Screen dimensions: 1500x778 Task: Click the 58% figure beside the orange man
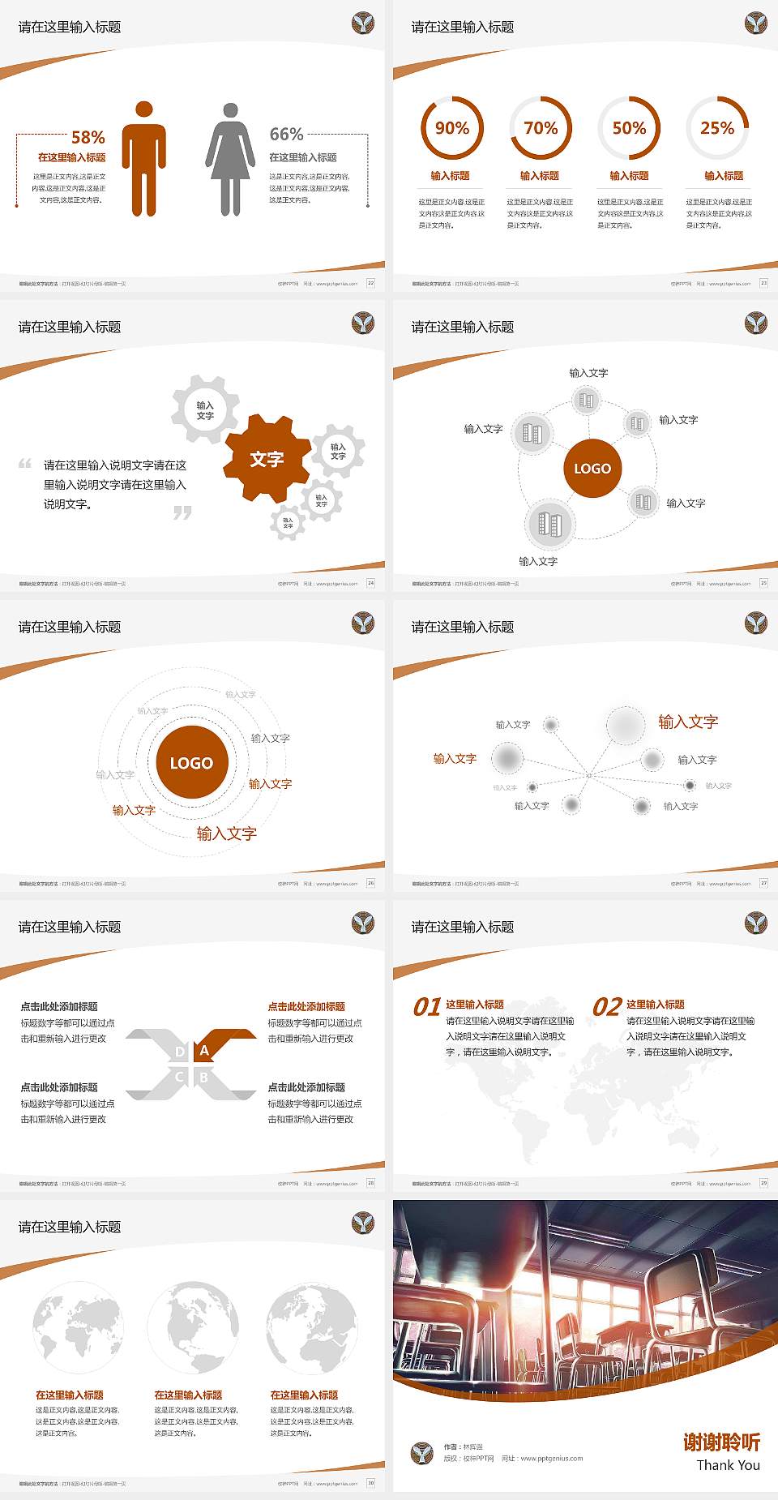click(x=88, y=137)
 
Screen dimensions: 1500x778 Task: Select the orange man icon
click(x=144, y=159)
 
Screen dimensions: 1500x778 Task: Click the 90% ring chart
click(x=451, y=128)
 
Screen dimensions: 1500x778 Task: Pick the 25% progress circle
click(x=717, y=128)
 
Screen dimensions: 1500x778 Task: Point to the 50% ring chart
click(x=629, y=128)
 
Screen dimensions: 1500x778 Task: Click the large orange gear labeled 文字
click(x=267, y=459)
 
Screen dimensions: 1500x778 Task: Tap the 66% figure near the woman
click(x=286, y=134)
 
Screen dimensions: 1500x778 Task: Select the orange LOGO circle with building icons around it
click(x=592, y=468)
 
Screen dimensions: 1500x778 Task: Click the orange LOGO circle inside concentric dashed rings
click(x=191, y=762)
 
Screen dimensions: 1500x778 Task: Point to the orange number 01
click(x=426, y=1007)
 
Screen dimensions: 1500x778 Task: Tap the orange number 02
click(x=607, y=1007)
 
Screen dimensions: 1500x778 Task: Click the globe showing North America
click(x=193, y=1327)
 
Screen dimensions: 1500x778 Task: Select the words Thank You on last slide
click(x=728, y=1465)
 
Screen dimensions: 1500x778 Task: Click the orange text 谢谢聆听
click(x=721, y=1442)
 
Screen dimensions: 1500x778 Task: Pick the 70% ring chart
click(x=541, y=128)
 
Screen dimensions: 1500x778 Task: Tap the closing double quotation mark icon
click(x=182, y=512)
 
